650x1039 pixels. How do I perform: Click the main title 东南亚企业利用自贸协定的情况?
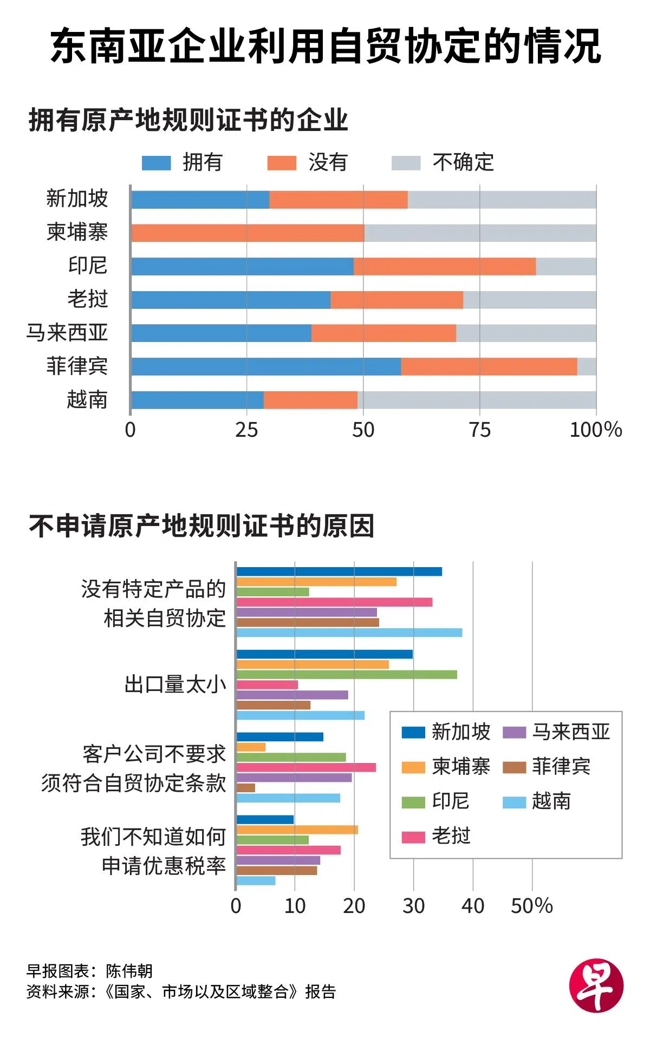tap(325, 47)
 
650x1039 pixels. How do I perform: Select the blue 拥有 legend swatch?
tap(156, 163)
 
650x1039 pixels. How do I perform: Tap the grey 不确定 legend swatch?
tap(406, 163)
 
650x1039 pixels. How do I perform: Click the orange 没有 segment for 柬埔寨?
tap(248, 233)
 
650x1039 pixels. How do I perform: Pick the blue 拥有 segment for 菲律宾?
tap(266, 366)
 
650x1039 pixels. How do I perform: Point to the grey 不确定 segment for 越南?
tap(477, 400)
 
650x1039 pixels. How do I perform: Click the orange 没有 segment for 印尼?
tap(445, 266)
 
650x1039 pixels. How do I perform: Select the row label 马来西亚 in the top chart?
tap(67, 332)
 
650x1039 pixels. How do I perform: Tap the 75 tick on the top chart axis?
tap(480, 430)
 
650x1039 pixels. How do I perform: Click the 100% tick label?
tap(595, 430)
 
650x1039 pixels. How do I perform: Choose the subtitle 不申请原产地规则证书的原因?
tap(201, 526)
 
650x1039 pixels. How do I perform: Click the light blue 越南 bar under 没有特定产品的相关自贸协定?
tap(349, 633)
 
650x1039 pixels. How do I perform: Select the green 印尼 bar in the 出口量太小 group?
tap(347, 674)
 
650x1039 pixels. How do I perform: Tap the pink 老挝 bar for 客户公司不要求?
tap(306, 767)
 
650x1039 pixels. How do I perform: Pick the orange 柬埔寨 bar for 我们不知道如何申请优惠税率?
tap(297, 830)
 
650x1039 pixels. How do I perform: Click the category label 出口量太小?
tap(175, 685)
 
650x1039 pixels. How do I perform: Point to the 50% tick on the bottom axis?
tap(531, 906)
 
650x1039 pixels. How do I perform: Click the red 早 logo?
tap(596, 985)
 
